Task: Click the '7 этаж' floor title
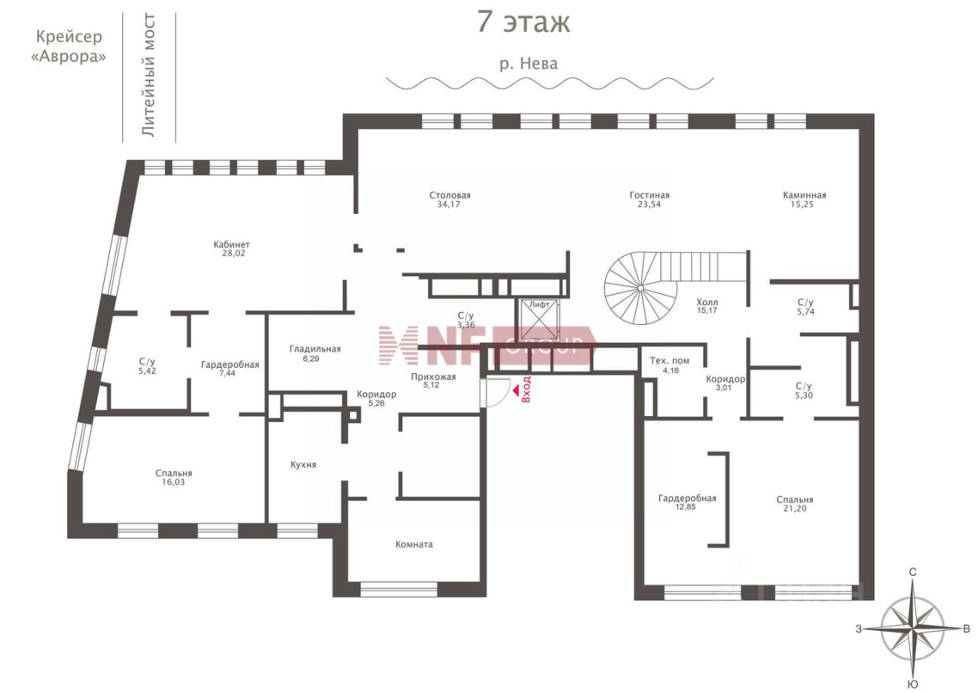pos(523,22)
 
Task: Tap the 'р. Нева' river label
pos(529,63)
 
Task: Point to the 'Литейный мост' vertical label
pos(149,76)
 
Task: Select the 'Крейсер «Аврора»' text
pos(69,47)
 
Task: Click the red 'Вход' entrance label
pos(526,388)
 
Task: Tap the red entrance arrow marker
pos(516,390)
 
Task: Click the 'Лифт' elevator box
pos(539,320)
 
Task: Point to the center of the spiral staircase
pos(640,288)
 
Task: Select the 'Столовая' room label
pos(450,195)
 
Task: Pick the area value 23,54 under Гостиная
pos(649,204)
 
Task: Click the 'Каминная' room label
pos(805,195)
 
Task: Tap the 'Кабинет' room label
pos(232,244)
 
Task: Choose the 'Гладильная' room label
pos(315,349)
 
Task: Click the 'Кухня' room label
pos(303,465)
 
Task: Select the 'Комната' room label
pos(414,544)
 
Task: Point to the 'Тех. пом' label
pos(669,361)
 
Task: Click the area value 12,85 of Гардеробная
pos(685,507)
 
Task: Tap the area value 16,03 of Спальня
pos(173,482)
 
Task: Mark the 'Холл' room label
pos(707,302)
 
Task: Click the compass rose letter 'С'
pos(912,572)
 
